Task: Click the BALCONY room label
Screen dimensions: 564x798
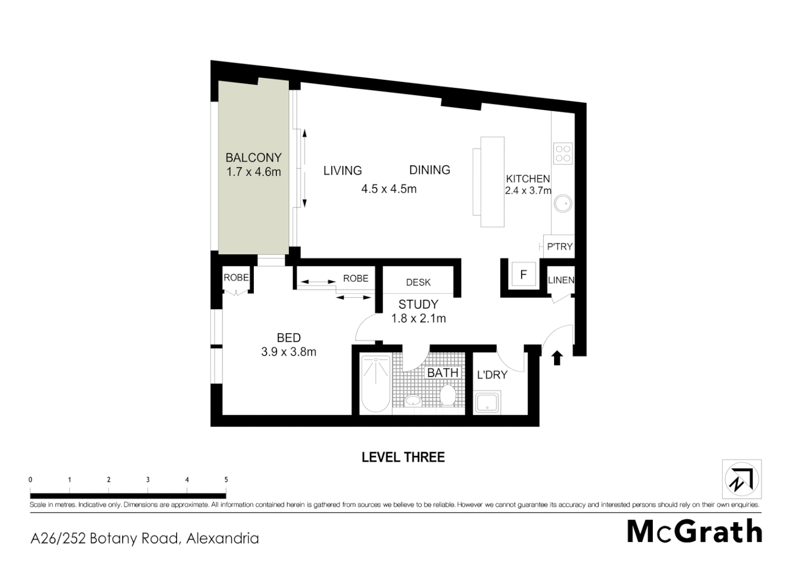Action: pyautogui.click(x=253, y=157)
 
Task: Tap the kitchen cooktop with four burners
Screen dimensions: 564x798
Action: pyautogui.click(x=563, y=153)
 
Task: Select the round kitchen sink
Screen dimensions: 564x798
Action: pyautogui.click(x=563, y=203)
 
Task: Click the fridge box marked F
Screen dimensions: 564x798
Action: pyautogui.click(x=523, y=274)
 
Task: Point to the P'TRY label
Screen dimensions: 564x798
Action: pyautogui.click(x=559, y=246)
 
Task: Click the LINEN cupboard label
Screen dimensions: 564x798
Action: pyautogui.click(x=561, y=280)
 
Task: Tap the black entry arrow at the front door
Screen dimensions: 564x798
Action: pyautogui.click(x=557, y=358)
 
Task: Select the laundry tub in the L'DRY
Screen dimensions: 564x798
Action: pyautogui.click(x=487, y=403)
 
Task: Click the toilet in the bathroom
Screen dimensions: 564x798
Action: pyautogui.click(x=448, y=395)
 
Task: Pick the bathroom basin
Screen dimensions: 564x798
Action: pyautogui.click(x=413, y=401)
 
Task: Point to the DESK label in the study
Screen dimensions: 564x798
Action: pyautogui.click(x=418, y=283)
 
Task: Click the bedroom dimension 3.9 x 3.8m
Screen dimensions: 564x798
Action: pyautogui.click(x=288, y=352)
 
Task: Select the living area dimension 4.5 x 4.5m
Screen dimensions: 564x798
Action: pyautogui.click(x=389, y=189)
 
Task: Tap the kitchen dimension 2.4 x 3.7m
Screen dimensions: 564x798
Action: pyautogui.click(x=528, y=191)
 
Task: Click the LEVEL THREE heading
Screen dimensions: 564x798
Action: pyautogui.click(x=403, y=457)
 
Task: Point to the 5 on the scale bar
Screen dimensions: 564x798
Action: pyautogui.click(x=226, y=479)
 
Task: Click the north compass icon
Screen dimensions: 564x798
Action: pyautogui.click(x=742, y=479)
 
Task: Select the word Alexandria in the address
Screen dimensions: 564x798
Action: pyautogui.click(x=223, y=538)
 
